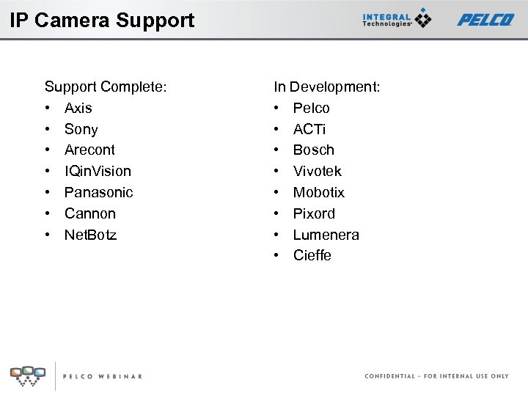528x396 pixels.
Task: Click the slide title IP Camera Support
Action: pyautogui.click(x=102, y=20)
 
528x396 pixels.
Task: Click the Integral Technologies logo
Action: pyautogui.click(x=397, y=19)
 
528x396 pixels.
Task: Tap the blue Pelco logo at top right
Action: pyautogui.click(x=485, y=19)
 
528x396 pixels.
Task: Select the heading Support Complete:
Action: pyautogui.click(x=106, y=87)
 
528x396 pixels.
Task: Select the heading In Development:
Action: pyautogui.click(x=327, y=87)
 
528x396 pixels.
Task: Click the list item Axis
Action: pyautogui.click(x=78, y=109)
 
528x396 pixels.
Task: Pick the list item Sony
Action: pyautogui.click(x=81, y=130)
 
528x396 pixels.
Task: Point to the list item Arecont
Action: pyautogui.click(x=89, y=150)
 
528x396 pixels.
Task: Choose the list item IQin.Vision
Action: pyautogui.click(x=98, y=172)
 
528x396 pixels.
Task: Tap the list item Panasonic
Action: pyautogui.click(x=98, y=193)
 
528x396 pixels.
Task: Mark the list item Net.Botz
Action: pyautogui.click(x=90, y=235)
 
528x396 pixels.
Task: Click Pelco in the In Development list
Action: pyautogui.click(x=312, y=109)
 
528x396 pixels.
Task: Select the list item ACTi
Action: pyautogui.click(x=309, y=130)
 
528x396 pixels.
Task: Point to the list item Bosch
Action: pyautogui.click(x=313, y=150)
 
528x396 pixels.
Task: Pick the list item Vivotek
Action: pyautogui.click(x=317, y=172)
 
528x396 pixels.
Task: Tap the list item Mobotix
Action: pyautogui.click(x=318, y=193)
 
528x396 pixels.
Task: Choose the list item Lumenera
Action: pyautogui.click(x=326, y=235)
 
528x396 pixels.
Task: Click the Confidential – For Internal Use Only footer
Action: pyautogui.click(x=436, y=376)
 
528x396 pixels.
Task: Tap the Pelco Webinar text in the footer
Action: pyautogui.click(x=102, y=376)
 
